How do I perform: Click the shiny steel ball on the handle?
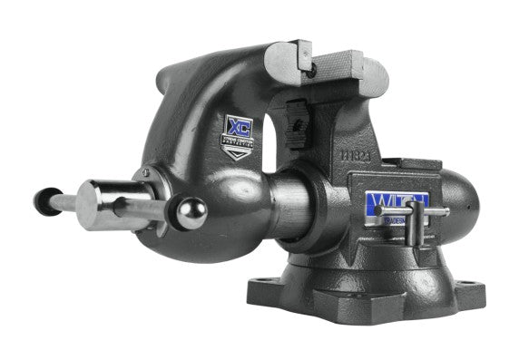[191, 214]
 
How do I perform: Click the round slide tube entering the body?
[281, 207]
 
